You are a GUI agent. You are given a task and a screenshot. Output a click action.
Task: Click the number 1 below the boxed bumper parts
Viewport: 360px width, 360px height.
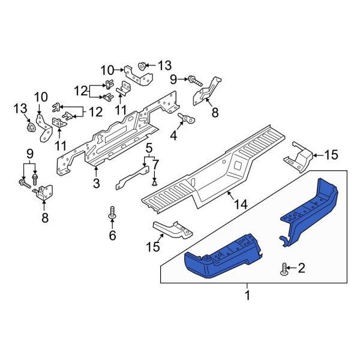click(x=247, y=295)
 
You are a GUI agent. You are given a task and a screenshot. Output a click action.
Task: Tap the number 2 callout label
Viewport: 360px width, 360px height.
click(x=302, y=267)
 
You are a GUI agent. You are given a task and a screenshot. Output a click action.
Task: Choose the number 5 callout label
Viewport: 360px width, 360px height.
click(x=155, y=163)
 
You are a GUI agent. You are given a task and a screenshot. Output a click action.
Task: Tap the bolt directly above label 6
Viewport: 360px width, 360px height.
click(x=112, y=212)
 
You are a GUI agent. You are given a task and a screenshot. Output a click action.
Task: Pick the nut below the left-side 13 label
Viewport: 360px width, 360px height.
click(x=30, y=128)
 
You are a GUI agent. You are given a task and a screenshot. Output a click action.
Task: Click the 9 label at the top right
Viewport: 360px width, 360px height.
click(x=173, y=78)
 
